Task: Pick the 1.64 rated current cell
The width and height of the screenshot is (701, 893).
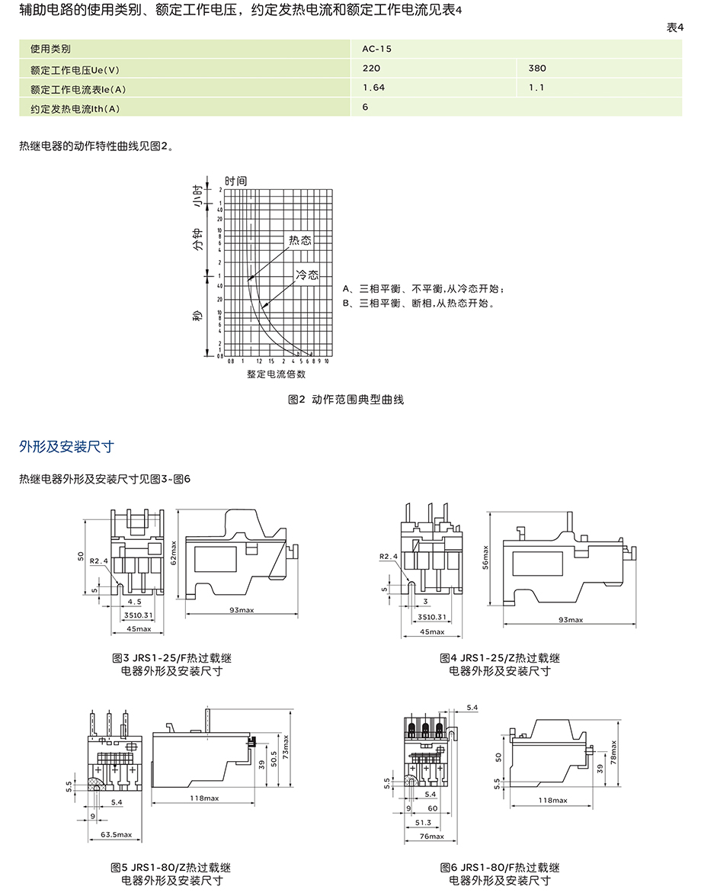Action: tap(374, 88)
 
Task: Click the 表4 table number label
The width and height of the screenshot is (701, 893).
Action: tap(675, 27)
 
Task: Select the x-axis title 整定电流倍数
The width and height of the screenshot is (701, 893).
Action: tap(276, 374)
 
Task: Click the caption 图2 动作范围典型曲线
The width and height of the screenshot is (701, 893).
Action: tap(346, 400)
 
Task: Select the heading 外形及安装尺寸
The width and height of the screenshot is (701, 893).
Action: tap(66, 446)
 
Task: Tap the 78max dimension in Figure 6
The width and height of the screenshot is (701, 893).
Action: tap(613, 756)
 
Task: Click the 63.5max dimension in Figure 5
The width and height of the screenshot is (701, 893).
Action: tap(116, 835)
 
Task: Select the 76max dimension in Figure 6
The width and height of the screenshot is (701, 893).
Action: tap(431, 836)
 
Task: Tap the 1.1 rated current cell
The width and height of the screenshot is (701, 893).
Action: tap(536, 88)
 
